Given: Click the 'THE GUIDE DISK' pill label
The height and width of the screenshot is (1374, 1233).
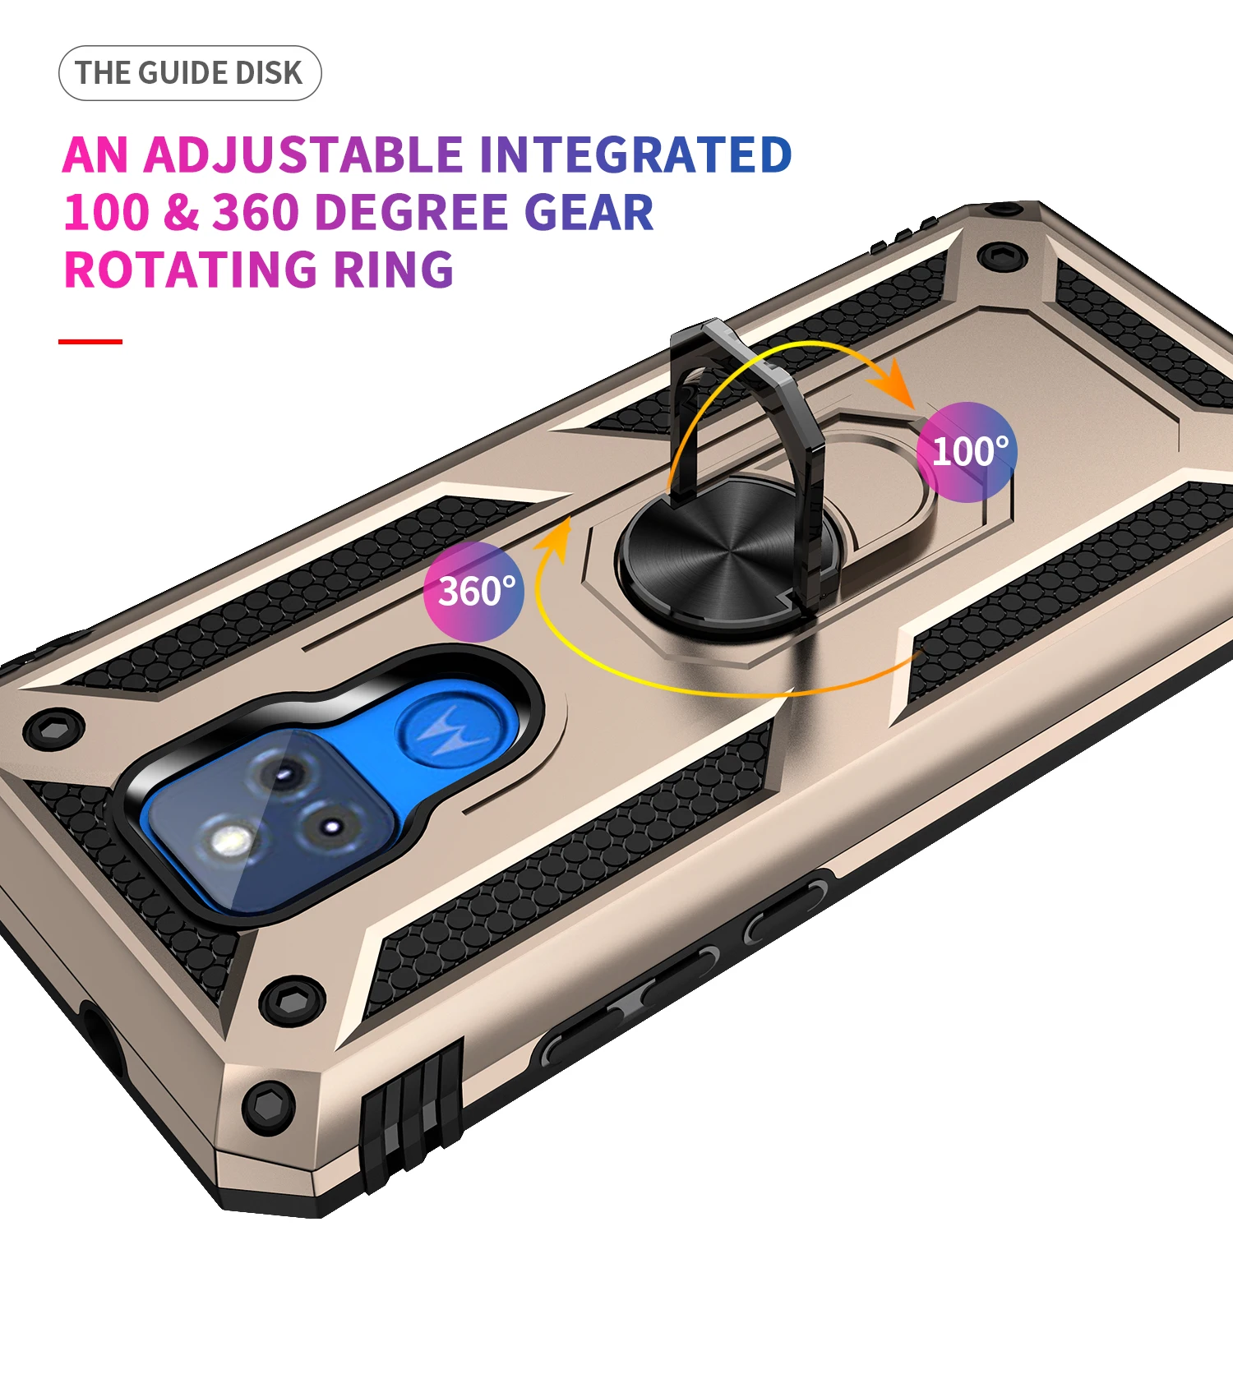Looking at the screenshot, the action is pos(190,73).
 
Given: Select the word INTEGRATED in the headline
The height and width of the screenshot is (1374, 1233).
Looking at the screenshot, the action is pos(635,154).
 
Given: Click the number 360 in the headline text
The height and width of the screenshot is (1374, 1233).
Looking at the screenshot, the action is pos(256,212).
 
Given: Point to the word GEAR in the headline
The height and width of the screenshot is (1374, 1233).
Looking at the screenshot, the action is pos(589,212).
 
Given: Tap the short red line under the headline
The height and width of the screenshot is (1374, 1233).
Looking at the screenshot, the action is pos(90,341).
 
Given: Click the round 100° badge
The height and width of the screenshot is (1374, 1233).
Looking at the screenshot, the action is pos(967,451).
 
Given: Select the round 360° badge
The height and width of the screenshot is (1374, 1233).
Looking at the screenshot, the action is pos(474,591).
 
